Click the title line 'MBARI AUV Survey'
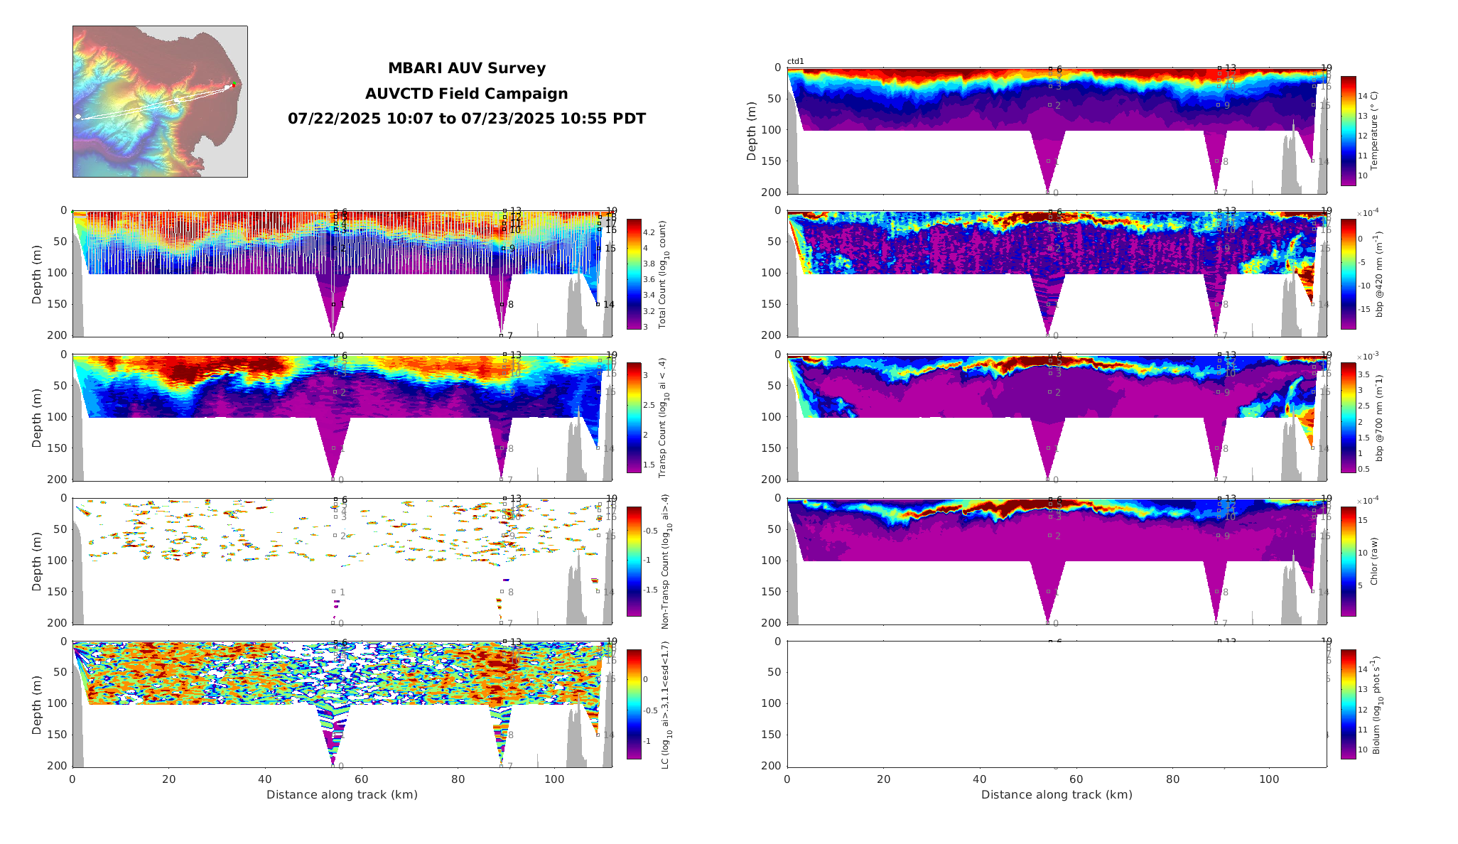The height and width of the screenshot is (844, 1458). [x=467, y=68]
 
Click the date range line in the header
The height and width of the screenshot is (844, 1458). [x=467, y=119]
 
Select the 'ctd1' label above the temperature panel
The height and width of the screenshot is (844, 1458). [x=796, y=62]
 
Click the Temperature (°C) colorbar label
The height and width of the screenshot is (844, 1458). [x=1374, y=131]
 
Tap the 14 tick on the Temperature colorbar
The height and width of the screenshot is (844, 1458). [x=1363, y=96]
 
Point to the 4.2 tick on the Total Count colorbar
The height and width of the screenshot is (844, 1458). [x=649, y=233]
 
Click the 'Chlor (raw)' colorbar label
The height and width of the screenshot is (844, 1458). [x=1374, y=561]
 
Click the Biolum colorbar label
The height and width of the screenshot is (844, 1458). [x=1377, y=705]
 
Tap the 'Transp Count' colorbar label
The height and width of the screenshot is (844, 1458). [x=662, y=418]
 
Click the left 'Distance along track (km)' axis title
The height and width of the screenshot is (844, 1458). [x=342, y=794]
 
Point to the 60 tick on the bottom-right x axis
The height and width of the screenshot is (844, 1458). [x=1076, y=779]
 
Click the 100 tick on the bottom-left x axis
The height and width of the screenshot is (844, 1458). [x=554, y=779]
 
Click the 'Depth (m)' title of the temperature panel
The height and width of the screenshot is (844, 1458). [x=752, y=131]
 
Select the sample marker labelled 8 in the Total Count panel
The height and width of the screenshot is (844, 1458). [x=502, y=305]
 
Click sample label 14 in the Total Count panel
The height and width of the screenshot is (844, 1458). [x=609, y=305]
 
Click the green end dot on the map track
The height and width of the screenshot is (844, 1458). [x=234, y=85]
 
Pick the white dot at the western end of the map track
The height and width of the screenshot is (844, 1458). [x=78, y=117]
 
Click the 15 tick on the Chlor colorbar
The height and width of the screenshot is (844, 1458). [x=1363, y=520]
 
